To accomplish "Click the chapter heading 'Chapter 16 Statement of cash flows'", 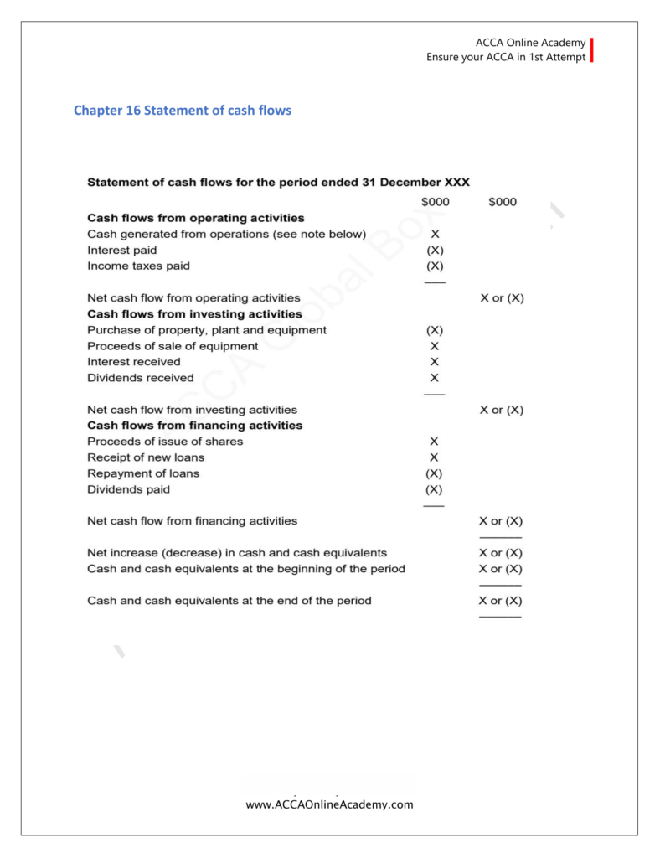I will pos(183,110).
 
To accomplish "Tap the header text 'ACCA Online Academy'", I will pos(529,43).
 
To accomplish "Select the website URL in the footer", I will pos(329,804).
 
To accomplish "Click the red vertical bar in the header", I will pos(592,49).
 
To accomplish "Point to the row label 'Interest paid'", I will pos(121,250).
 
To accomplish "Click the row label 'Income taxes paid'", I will pos(138,266).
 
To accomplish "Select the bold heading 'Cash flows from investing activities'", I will pos(194,313).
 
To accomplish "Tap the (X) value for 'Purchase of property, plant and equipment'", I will pos(435,330).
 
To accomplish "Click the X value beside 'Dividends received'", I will pos(434,378).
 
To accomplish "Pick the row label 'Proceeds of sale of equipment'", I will pos(173,345).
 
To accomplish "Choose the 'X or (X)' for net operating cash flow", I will pos(502,297).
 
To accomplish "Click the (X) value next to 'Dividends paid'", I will pos(434,489).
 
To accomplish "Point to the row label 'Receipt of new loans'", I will pos(146,457).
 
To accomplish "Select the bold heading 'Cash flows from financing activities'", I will pos(195,426).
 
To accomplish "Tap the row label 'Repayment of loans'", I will pos(143,473).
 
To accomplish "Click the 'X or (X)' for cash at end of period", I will pos(500,601).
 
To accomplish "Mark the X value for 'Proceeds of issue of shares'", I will pos(434,442).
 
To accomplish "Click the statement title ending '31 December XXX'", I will pos(278,182).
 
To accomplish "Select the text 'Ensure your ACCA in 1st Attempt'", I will pos(506,57).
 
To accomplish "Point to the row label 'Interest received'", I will pos(133,362).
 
